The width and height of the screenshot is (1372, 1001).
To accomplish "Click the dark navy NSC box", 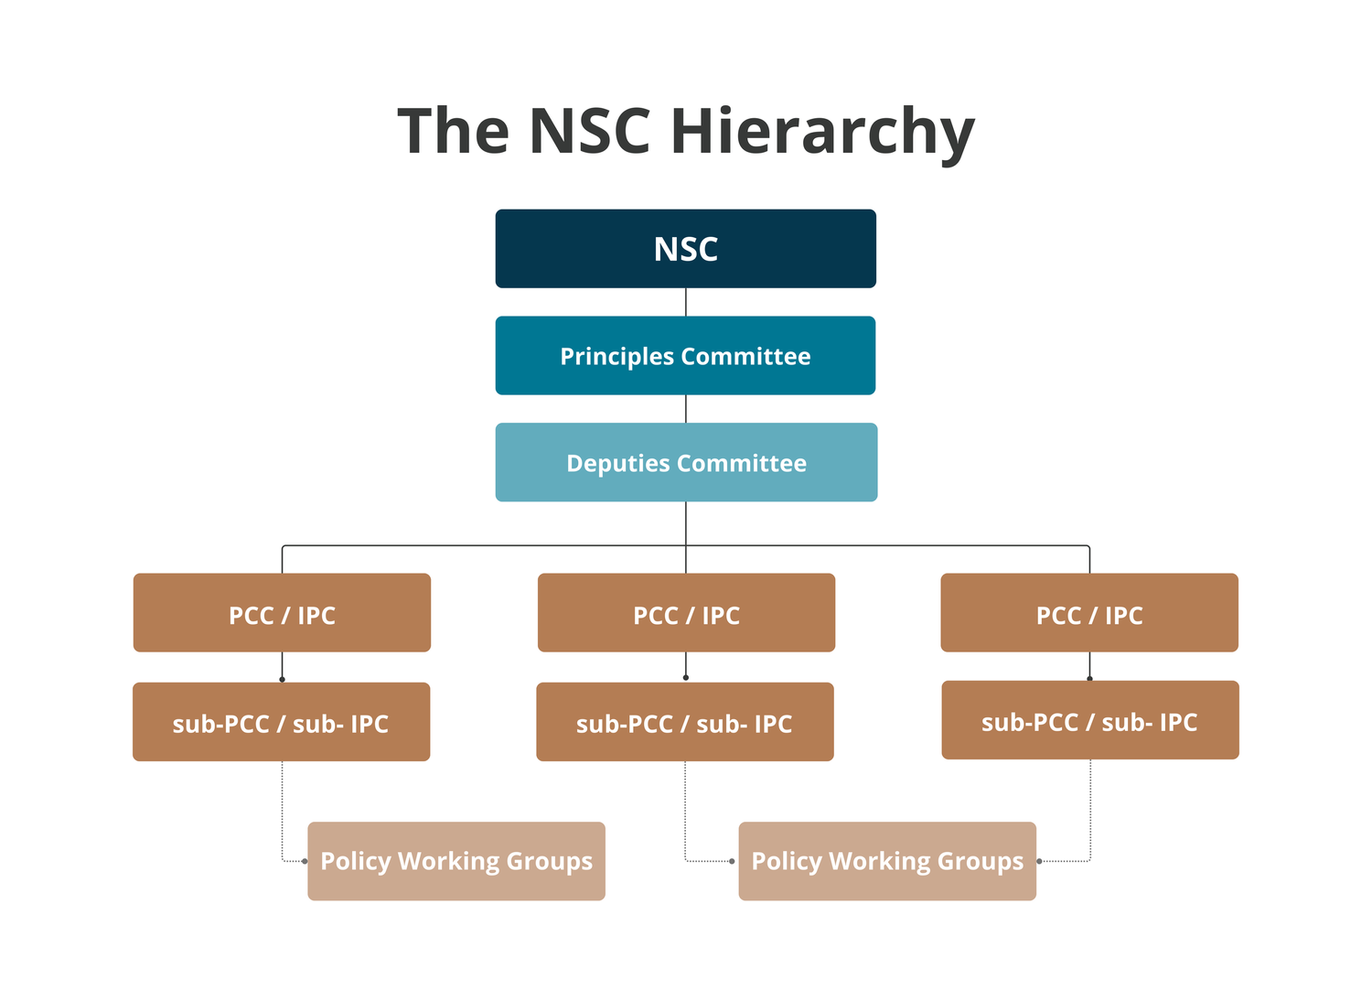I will [685, 249].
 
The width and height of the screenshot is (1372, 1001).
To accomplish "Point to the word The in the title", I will [453, 131].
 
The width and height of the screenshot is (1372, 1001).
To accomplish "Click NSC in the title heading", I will [589, 131].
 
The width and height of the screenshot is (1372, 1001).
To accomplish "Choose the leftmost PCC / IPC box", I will [282, 613].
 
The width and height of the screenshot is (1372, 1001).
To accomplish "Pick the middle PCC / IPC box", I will [686, 613].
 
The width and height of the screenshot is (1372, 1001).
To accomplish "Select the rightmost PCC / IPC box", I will [1089, 613].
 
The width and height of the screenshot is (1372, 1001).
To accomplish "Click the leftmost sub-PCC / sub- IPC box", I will [281, 722].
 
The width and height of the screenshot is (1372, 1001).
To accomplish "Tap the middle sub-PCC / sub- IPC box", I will [685, 722].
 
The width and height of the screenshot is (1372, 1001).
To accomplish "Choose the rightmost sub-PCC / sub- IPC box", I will [1090, 720].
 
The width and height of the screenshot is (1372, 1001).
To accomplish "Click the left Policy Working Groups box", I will [456, 861].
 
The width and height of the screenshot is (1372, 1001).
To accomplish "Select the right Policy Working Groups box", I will [887, 861].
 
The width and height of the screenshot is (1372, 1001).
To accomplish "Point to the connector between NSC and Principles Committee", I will [686, 302].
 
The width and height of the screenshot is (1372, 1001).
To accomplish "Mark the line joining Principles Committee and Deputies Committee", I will [686, 409].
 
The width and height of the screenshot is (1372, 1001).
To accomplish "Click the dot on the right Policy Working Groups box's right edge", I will [1039, 861].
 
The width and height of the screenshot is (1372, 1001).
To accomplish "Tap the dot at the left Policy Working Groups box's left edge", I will [305, 861].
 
